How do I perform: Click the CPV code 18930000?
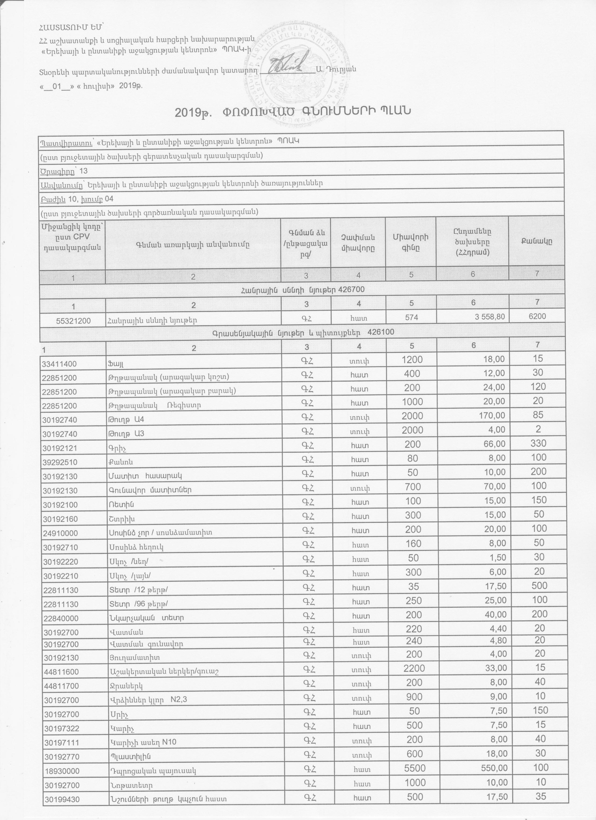(60, 738)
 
